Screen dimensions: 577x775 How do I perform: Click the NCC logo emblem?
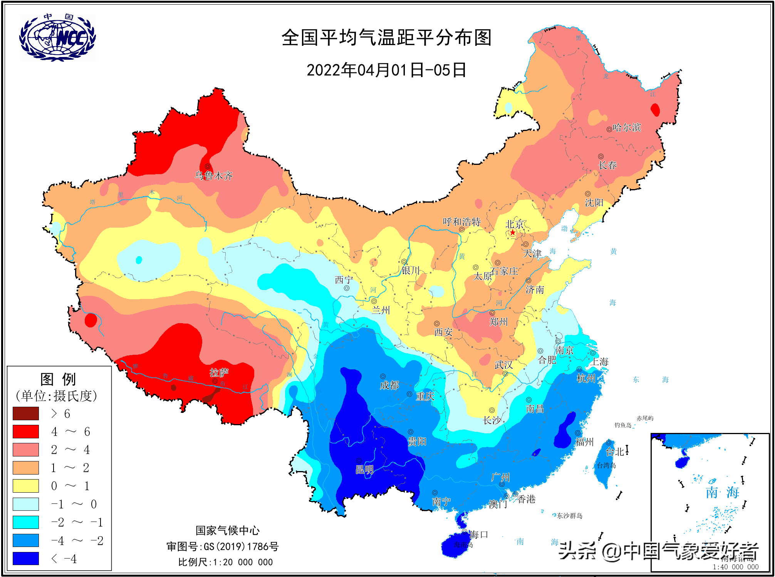(57, 37)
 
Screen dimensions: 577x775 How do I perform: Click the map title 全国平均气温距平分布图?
(386, 38)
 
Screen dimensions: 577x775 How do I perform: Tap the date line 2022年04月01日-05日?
(386, 70)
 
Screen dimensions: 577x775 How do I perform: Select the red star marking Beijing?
(512, 232)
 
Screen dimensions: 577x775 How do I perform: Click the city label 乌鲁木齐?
(214, 176)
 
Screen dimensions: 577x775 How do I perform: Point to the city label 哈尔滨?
(627, 127)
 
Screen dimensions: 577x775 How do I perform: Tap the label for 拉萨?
(219, 372)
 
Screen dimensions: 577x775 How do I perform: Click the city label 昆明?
(364, 470)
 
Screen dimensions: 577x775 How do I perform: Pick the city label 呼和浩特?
(461, 222)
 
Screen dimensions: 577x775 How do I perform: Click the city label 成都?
(389, 385)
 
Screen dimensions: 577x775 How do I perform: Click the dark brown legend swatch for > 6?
(26, 413)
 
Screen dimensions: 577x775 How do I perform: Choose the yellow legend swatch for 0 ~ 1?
(26, 486)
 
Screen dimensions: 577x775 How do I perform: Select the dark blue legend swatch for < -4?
(26, 558)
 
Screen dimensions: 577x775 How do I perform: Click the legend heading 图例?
(58, 379)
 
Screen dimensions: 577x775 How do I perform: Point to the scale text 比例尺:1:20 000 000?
(225, 562)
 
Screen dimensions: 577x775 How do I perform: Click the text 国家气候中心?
(227, 530)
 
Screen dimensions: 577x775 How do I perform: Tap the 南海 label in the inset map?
(722, 492)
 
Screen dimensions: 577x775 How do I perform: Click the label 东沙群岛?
(569, 516)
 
